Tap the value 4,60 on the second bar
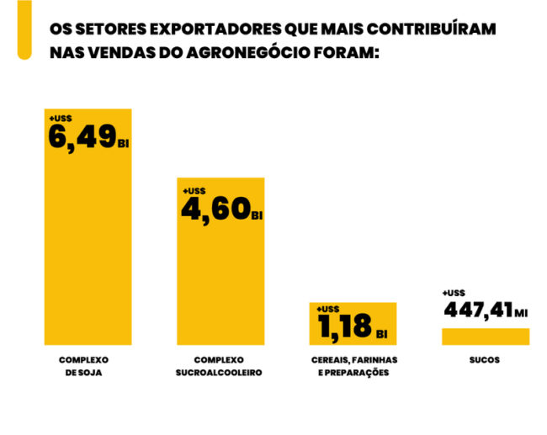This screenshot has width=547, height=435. click(215, 207)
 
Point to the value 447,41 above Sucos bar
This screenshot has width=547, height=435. click(477, 310)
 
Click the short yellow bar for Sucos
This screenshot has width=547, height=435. click(485, 337)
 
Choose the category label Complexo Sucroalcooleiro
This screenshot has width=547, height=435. click(220, 366)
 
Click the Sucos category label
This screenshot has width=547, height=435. click(485, 359)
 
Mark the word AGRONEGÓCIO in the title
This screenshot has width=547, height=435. click(255, 51)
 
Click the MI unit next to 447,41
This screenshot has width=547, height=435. click(521, 314)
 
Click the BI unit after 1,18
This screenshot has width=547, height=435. click(382, 334)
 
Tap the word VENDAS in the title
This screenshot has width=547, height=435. click(118, 51)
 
